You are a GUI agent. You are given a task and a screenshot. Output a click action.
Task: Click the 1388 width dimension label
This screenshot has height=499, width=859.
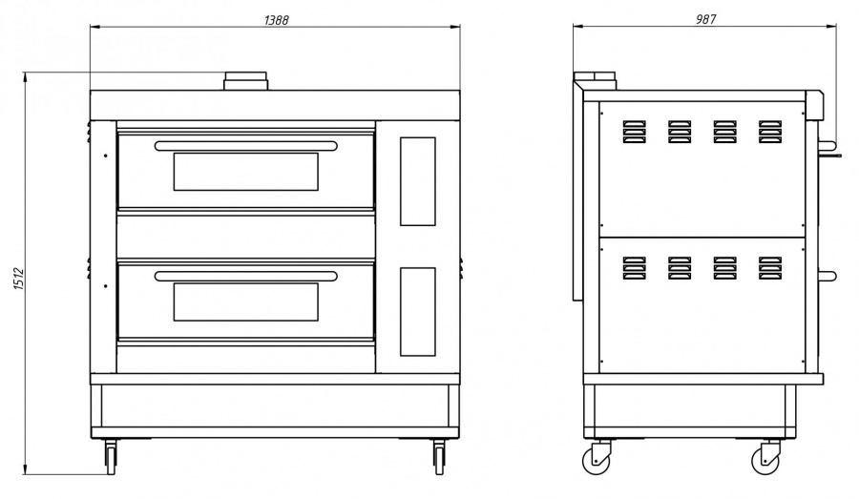(276, 20)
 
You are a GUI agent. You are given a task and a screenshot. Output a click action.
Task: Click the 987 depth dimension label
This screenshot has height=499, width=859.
(705, 19)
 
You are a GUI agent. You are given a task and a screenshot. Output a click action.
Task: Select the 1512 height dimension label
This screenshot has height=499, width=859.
(19, 279)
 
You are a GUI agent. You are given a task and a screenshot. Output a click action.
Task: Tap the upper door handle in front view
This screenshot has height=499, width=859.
(246, 146)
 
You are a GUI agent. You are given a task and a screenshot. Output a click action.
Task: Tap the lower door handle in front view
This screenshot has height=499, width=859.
(246, 276)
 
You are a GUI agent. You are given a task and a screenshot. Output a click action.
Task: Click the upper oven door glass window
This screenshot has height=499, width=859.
(246, 172)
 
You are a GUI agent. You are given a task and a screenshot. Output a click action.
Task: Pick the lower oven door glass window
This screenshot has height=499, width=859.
(246, 301)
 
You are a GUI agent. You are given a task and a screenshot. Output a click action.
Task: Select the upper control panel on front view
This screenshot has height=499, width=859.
(417, 181)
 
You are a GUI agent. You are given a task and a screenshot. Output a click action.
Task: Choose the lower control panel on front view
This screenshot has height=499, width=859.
(417, 312)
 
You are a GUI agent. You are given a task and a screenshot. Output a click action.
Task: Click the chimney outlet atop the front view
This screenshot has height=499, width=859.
(245, 81)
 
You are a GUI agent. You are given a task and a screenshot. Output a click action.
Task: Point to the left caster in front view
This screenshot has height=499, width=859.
(111, 457)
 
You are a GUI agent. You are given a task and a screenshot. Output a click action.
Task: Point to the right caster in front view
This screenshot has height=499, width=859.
(439, 457)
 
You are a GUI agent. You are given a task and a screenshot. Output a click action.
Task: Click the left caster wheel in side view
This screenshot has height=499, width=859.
(597, 460)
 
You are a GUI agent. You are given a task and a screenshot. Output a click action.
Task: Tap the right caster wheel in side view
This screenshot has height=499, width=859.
(765, 460)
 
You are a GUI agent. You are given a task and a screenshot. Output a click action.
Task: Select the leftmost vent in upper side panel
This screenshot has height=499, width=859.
(634, 132)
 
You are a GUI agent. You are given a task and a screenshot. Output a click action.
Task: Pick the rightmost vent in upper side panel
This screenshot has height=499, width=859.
(770, 132)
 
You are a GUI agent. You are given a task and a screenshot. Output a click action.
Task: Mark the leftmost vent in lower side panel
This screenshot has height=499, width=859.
(634, 268)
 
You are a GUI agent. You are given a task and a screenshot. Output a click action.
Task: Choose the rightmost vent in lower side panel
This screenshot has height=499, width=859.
(770, 268)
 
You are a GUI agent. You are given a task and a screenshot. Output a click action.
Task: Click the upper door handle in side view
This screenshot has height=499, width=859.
(828, 146)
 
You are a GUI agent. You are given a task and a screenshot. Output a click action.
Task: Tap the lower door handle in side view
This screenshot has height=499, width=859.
(828, 277)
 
